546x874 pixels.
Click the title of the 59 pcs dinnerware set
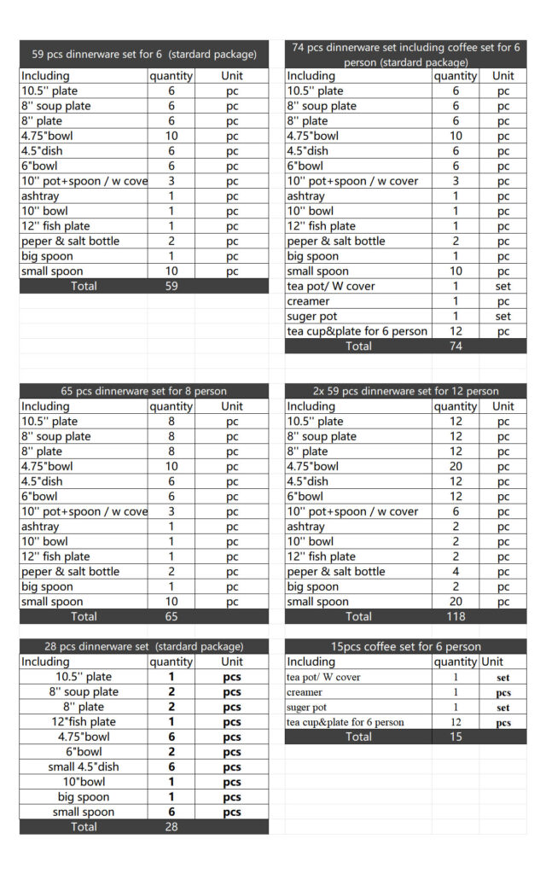[x=144, y=54]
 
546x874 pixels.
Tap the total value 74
[x=456, y=347]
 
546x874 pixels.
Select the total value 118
[x=456, y=616]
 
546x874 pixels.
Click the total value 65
[x=171, y=616]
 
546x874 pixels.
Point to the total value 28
[x=171, y=827]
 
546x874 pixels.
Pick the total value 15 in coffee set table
[x=456, y=737]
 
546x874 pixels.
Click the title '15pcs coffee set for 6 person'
[x=405, y=646]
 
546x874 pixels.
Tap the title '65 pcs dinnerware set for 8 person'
[x=144, y=391]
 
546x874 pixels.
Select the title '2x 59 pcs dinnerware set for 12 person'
[x=405, y=391]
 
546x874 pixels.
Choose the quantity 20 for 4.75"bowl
[x=456, y=466]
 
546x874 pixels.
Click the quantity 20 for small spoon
[x=456, y=602]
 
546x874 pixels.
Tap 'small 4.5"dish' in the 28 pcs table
[x=84, y=766]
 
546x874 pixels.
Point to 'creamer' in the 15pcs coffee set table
[x=305, y=692]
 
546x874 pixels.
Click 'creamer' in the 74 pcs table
[x=308, y=301]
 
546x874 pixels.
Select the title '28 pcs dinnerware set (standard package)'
[x=144, y=646]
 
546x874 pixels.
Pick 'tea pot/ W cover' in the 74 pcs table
[x=331, y=286]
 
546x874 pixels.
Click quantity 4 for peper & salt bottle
[x=456, y=571]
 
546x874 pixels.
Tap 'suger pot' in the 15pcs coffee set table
[x=307, y=708]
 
